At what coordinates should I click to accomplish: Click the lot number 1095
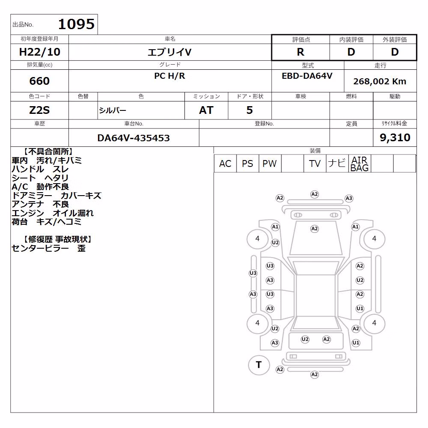click(76, 24)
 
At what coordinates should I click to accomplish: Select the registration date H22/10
click(39, 52)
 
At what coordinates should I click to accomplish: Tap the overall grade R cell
click(300, 52)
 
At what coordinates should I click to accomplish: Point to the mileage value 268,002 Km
click(380, 81)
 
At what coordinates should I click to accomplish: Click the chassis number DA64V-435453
click(134, 138)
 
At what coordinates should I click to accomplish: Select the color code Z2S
click(39, 110)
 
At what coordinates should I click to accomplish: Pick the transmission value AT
click(206, 110)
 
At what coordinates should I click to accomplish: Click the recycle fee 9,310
click(395, 137)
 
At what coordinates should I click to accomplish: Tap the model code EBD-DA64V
click(307, 76)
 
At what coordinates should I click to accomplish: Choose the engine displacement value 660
click(39, 81)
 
